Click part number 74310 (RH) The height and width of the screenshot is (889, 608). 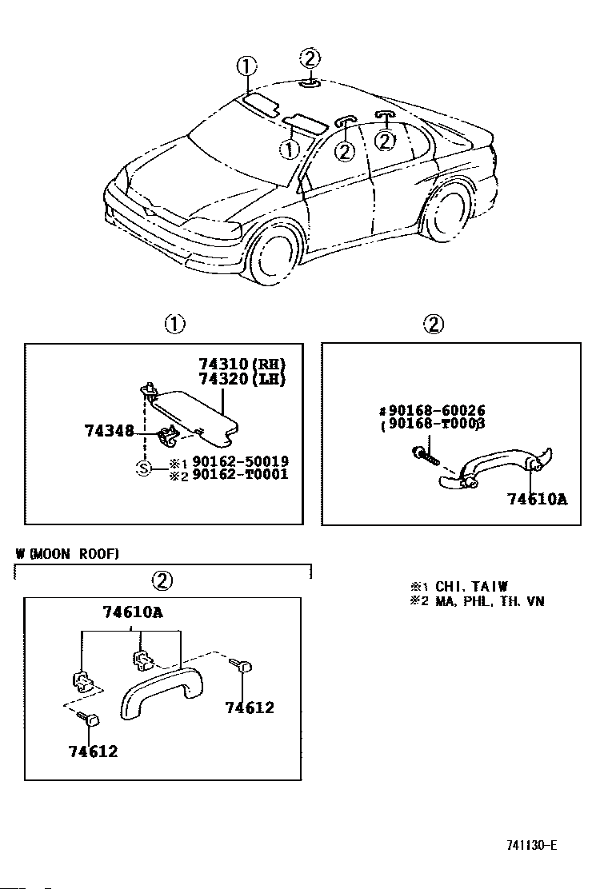[242, 364]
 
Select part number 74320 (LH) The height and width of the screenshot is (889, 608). [242, 378]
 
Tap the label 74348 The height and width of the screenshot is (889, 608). [109, 431]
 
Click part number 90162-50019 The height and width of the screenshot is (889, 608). [241, 461]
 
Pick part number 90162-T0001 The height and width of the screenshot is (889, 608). [241, 474]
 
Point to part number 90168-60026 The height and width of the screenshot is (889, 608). [432, 410]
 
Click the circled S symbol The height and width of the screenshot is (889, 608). [145, 468]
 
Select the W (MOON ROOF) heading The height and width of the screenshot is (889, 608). [67, 554]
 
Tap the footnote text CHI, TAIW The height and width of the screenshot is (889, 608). [471, 586]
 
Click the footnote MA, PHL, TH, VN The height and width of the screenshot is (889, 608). [490, 601]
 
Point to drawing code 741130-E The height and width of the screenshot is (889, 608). [531, 845]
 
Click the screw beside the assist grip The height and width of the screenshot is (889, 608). [426, 454]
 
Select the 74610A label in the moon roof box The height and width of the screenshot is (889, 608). [133, 612]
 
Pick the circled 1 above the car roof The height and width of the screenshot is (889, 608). [246, 67]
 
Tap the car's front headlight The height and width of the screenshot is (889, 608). [218, 227]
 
